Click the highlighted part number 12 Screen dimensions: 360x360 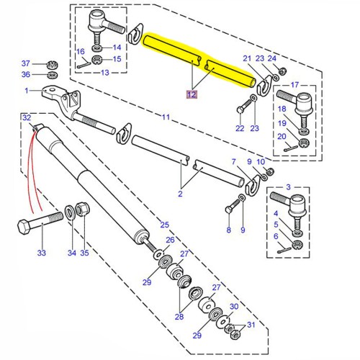click(192, 94)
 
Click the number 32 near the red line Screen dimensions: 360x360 click(26, 117)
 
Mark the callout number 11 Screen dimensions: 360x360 click(166, 117)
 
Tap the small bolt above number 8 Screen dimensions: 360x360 click(229, 208)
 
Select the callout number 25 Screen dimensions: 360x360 click(165, 225)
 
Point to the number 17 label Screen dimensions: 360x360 click(295, 85)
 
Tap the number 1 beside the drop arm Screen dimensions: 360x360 click(26, 91)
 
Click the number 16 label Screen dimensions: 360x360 click(81, 51)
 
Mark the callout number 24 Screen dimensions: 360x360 click(271, 58)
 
